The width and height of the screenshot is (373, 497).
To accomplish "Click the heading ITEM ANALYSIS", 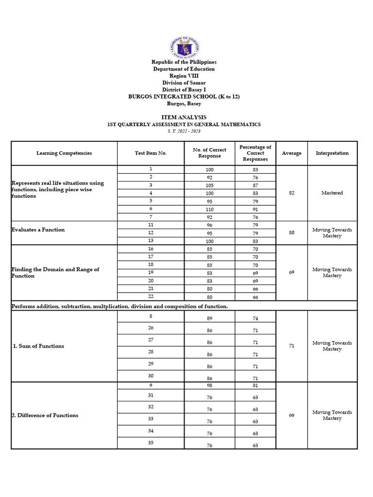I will tap(184, 117).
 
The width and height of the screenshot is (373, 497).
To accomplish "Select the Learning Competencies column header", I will tap(64, 153).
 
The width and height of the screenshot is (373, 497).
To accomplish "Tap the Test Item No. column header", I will tap(151, 153).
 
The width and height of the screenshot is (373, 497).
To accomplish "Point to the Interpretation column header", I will tap(332, 153).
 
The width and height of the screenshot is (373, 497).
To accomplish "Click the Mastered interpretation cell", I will tap(332, 193).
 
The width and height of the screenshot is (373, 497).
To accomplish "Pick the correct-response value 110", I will tap(209, 210).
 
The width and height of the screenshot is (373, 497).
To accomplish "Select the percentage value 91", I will tap(255, 210).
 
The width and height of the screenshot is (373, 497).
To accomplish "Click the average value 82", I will tap(291, 193).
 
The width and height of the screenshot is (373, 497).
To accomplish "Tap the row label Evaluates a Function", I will tap(38, 230).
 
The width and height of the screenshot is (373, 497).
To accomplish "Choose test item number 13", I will tap(151, 241).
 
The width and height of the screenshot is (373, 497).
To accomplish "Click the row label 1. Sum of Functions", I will tap(38, 346).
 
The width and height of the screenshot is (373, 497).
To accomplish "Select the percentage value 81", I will tap(255, 385).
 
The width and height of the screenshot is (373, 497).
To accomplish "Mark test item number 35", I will tap(151, 443).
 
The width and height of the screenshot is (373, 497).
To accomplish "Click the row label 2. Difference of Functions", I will tap(45, 415).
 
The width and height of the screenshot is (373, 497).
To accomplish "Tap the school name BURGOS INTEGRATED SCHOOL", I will tap(184, 97).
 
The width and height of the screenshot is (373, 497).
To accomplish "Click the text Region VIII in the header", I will tap(184, 76).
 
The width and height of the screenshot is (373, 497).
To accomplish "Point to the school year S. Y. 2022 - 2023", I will tap(184, 131).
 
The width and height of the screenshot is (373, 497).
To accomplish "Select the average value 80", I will tap(291, 233).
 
